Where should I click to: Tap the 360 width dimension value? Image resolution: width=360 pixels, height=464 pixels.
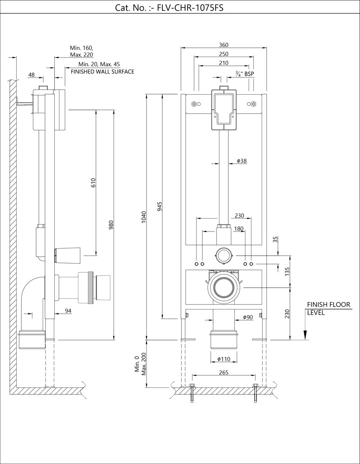(224, 45)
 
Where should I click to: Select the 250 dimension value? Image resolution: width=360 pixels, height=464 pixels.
(224, 54)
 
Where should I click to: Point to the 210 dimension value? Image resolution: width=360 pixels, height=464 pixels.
(224, 63)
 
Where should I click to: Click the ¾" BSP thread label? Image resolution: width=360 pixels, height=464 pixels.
(245, 73)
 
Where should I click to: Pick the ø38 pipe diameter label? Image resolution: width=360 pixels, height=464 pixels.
(241, 161)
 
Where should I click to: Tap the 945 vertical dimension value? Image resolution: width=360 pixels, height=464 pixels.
(160, 207)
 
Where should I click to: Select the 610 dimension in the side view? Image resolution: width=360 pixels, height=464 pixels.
(93, 182)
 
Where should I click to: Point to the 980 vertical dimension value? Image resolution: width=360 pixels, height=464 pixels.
(111, 225)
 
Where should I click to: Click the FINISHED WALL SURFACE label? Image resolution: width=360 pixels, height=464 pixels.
(102, 72)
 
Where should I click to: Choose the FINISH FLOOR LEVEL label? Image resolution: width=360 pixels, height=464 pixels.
(328, 309)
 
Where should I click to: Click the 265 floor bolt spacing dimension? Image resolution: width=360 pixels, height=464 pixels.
(223, 372)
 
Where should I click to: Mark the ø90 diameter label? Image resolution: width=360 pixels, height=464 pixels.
(247, 317)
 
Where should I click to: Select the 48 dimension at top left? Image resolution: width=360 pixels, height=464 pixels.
(32, 74)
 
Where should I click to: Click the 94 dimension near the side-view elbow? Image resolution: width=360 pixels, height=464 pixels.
(68, 311)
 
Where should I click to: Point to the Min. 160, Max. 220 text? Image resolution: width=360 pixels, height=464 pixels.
(82, 51)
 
